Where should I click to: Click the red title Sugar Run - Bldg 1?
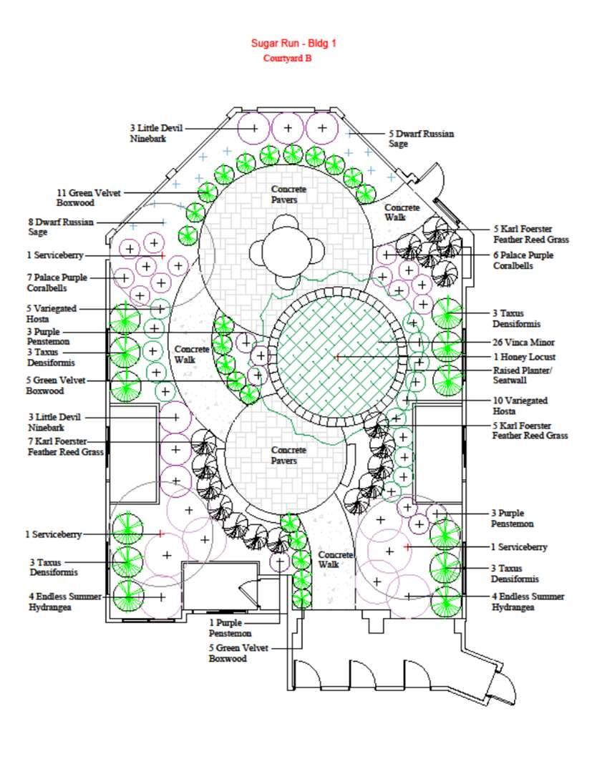(x=293, y=43)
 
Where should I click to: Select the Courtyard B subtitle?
(x=287, y=59)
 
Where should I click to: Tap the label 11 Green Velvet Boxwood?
(x=89, y=197)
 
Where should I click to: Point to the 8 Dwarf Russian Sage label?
(x=60, y=227)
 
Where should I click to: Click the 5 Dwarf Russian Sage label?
(x=421, y=138)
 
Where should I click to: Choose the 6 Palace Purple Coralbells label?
(x=523, y=260)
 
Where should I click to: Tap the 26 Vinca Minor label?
(x=524, y=342)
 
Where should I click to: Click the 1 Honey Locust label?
(x=524, y=356)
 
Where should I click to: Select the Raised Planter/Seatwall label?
(x=522, y=375)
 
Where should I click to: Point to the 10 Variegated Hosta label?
(x=520, y=406)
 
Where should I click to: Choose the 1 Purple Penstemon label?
(x=230, y=628)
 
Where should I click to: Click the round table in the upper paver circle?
(x=286, y=252)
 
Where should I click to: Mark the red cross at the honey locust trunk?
(x=336, y=355)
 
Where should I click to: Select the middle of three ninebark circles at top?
(x=288, y=128)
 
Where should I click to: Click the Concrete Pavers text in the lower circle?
(x=288, y=455)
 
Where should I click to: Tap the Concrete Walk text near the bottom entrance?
(x=335, y=559)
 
